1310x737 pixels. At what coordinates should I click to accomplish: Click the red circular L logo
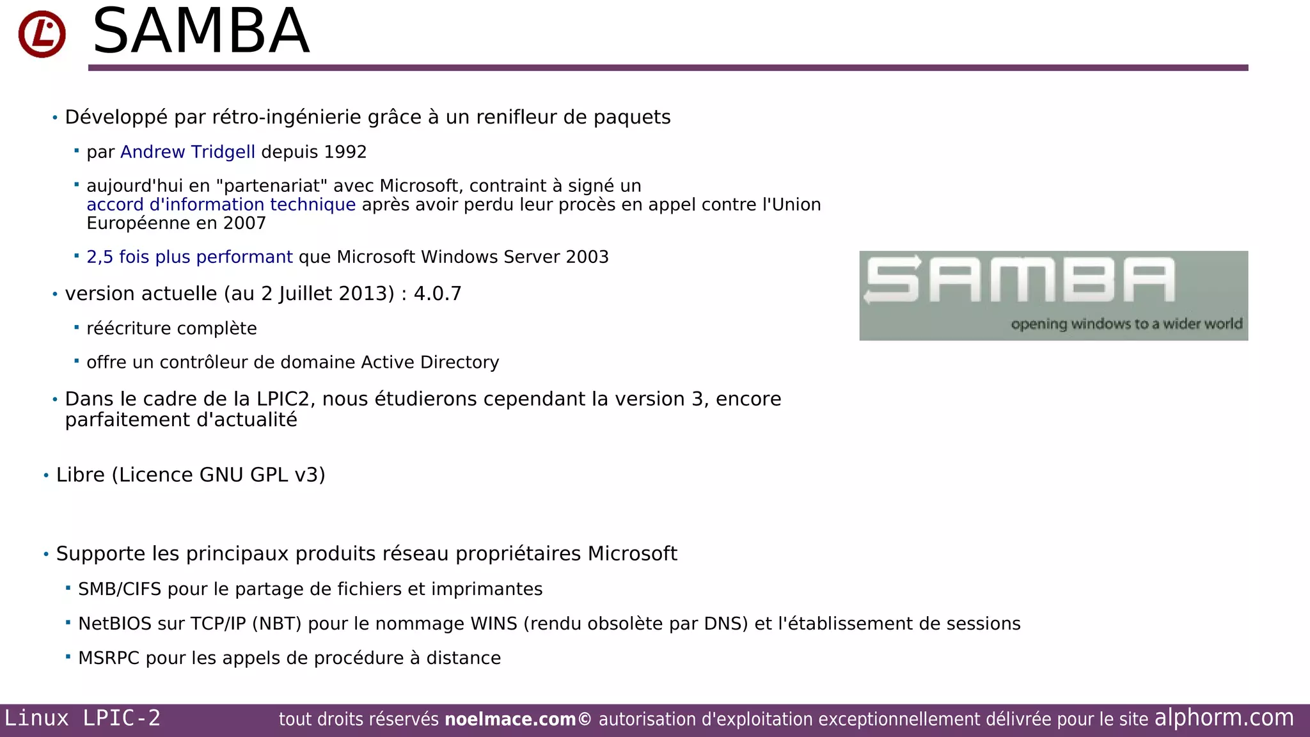coord(42,34)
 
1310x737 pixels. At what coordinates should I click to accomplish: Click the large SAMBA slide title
coord(201,31)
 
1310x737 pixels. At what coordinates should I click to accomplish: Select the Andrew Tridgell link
coord(187,152)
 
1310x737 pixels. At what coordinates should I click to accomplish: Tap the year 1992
coord(345,152)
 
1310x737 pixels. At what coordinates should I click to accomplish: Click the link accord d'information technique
coord(221,205)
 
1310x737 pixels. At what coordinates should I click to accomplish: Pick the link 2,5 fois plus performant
coord(189,257)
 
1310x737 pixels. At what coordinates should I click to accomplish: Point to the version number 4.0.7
coord(438,294)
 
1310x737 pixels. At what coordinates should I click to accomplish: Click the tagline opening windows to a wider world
coord(1126,324)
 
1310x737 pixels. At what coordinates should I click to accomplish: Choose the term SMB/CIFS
coord(120,589)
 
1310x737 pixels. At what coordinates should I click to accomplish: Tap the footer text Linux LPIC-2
coord(83,718)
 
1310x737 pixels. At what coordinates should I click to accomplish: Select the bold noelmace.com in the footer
coord(510,720)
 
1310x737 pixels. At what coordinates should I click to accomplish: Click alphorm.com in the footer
coord(1224,718)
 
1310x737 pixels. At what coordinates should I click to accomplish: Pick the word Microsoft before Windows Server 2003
coord(376,257)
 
